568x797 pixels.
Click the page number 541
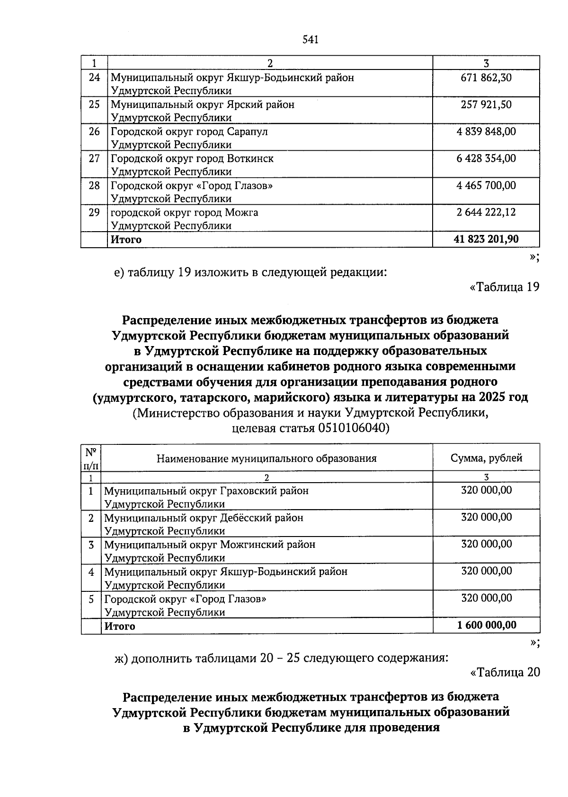tap(311, 40)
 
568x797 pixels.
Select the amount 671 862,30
tap(486, 78)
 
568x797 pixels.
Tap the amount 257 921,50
tap(486, 104)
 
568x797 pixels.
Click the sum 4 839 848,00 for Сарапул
tap(486, 131)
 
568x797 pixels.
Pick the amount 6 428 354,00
tap(486, 158)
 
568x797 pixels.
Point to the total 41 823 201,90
tap(486, 239)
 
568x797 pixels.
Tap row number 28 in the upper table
tap(94, 185)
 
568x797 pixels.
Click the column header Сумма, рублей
tap(486, 458)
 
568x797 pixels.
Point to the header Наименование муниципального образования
tap(266, 458)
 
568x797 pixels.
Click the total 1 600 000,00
tap(487, 625)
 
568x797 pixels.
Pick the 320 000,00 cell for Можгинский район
tap(486, 544)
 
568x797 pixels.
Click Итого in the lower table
tap(120, 626)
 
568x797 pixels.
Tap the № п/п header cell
tap(91, 458)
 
